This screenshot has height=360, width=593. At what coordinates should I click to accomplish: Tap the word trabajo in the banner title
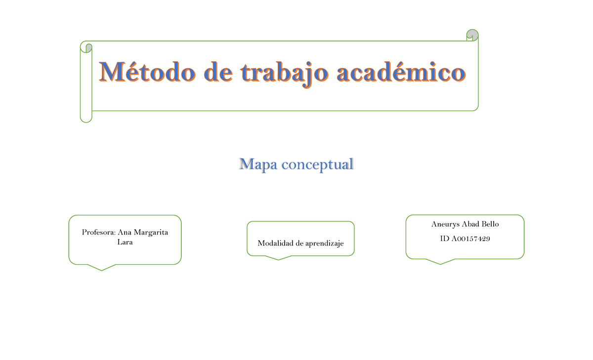pyautogui.click(x=284, y=73)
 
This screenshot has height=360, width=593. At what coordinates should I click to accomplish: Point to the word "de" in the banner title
pyautogui.click(x=218, y=73)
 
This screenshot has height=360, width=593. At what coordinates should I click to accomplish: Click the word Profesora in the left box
pyautogui.click(x=99, y=233)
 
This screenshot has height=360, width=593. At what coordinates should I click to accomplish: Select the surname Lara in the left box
pyautogui.click(x=125, y=242)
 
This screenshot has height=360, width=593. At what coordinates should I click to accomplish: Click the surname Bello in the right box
pyautogui.click(x=489, y=224)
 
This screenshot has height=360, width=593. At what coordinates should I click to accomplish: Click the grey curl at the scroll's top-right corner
pyautogui.click(x=472, y=34)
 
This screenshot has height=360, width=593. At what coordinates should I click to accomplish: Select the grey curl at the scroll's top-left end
pyautogui.click(x=88, y=48)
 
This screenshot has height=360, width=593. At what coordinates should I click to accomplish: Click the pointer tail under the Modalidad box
pyautogui.click(x=279, y=257)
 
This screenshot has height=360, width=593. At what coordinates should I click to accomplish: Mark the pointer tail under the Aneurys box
pyautogui.click(x=440, y=261)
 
